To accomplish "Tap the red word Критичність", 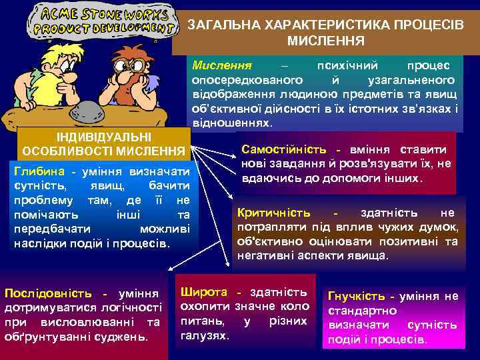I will pos(273,213).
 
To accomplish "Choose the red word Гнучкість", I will pos(358,296).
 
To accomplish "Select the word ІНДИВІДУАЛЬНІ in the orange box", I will pos(103,137).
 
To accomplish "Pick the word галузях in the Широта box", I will pos(205,335).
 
